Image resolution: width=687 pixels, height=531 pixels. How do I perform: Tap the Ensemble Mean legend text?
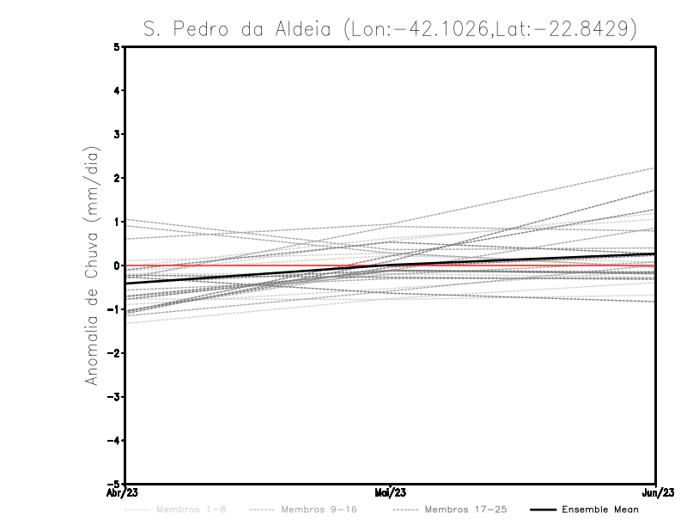(600, 510)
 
